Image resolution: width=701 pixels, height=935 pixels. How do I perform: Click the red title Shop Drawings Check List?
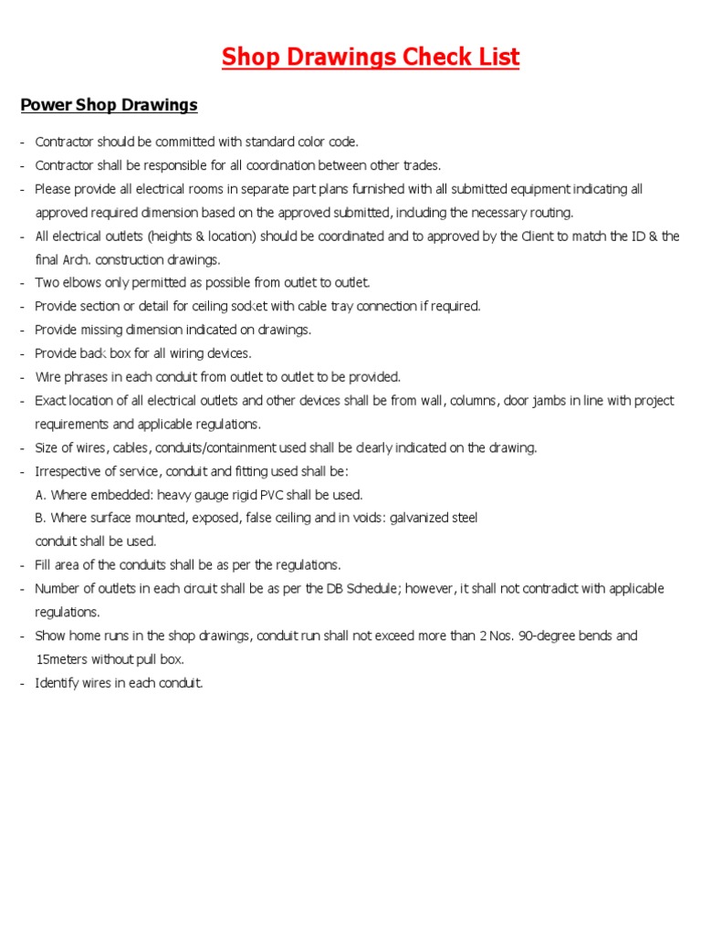point(371,58)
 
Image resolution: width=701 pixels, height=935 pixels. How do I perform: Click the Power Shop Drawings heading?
point(109,105)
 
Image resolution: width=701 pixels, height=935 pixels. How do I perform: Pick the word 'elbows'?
point(83,283)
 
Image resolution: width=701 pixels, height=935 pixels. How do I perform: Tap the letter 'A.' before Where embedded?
point(41,495)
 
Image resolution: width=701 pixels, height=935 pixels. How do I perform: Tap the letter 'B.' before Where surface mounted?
point(41,518)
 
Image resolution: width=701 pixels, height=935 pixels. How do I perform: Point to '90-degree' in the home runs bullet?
point(546,636)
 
